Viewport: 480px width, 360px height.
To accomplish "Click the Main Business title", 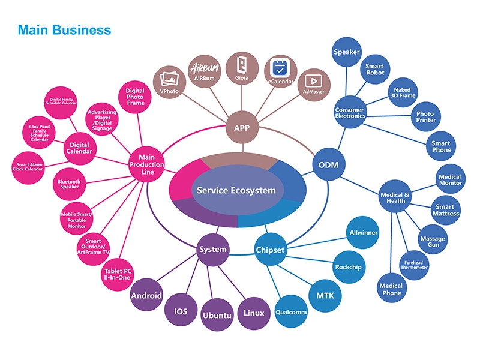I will (64, 29).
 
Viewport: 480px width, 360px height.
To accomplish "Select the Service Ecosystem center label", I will (237, 191).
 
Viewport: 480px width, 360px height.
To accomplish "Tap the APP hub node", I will (242, 128).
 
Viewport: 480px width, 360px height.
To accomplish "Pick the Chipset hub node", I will (271, 250).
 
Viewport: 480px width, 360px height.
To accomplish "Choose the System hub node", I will (213, 249).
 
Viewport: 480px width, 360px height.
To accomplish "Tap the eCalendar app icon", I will (280, 71).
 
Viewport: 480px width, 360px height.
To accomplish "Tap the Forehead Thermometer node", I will (415, 265).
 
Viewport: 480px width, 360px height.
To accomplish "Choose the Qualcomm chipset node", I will (292, 312).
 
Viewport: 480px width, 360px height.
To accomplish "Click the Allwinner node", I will (364, 232).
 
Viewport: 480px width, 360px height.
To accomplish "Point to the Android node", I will (147, 295).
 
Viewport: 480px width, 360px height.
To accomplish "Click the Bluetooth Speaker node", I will (69, 184).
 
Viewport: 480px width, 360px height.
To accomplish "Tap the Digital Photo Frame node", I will (135, 97).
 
